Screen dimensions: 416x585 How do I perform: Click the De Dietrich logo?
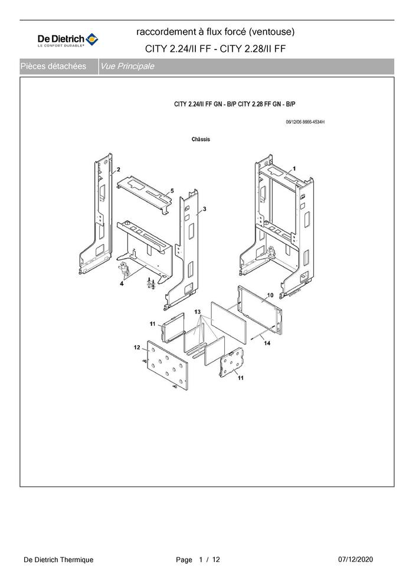tap(68, 39)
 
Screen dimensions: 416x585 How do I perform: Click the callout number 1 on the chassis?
tap(294, 168)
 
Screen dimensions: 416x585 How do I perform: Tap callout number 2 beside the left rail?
tap(119, 170)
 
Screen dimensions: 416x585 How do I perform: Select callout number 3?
tap(204, 209)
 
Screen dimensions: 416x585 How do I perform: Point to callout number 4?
tap(122, 283)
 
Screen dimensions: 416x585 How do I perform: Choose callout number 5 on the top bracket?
tap(172, 191)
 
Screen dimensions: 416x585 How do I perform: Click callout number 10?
tap(270, 295)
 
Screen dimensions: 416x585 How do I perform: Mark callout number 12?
tap(137, 348)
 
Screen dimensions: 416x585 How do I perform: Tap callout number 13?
tap(197, 312)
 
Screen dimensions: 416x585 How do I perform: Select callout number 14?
tap(267, 343)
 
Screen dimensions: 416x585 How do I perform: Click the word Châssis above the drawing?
tap(201, 139)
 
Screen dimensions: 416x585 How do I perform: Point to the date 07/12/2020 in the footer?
tap(355, 559)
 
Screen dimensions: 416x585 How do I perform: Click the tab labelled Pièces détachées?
tap(53, 67)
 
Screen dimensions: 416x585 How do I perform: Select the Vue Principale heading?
tap(127, 67)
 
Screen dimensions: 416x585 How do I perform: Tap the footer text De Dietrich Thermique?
tap(58, 560)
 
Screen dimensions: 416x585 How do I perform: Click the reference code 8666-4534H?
tap(313, 122)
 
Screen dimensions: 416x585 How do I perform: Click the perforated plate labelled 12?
tap(168, 365)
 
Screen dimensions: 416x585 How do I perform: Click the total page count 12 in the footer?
tap(216, 560)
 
